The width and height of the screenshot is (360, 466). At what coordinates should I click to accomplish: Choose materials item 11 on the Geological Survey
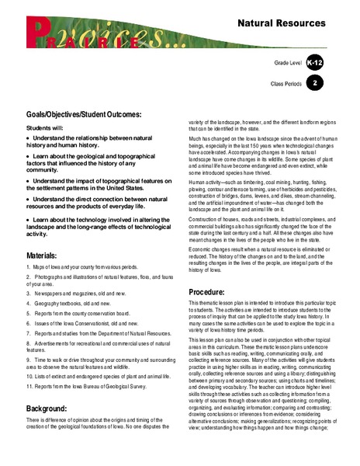pyautogui.click(x=86, y=367)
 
